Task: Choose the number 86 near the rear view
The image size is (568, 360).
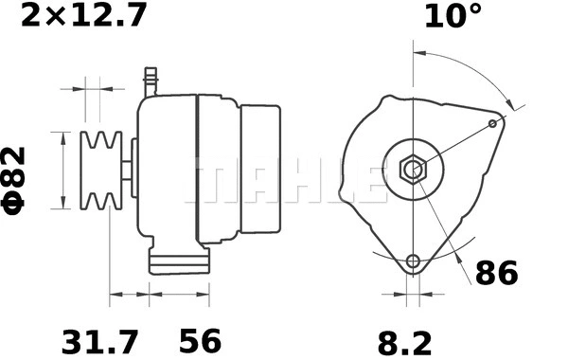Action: click(x=497, y=274)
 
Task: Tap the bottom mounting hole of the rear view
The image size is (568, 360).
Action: click(x=412, y=262)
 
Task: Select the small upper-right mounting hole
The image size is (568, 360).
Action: click(x=492, y=123)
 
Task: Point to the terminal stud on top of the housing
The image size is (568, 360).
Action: click(x=149, y=79)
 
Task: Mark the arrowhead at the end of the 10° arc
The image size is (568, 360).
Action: click(x=514, y=104)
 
